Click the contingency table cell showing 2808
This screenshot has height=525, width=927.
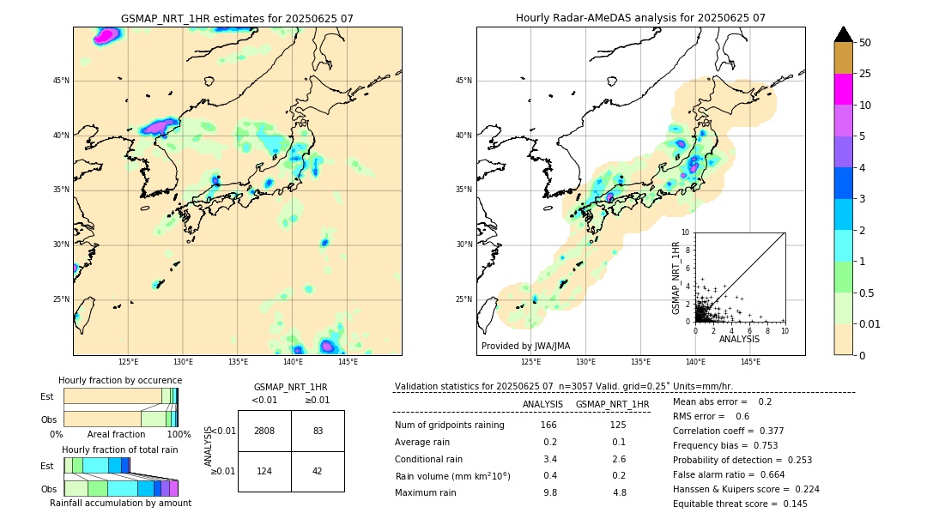264,431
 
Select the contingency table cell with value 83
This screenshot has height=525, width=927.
318,431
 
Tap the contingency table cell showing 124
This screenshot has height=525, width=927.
264,471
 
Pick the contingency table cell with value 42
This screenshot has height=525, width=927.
318,471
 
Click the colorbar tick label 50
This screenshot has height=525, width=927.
865,43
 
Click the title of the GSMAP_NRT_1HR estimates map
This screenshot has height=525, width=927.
237,18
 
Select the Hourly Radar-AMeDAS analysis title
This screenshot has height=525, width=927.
640,18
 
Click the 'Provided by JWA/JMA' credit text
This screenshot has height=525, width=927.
525,346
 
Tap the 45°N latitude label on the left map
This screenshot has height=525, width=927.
61,81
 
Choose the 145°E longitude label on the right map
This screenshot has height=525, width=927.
750,362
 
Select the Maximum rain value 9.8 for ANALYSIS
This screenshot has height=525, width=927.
549,492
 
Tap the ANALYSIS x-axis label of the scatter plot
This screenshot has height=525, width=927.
739,339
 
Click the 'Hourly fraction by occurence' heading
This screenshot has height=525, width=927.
120,380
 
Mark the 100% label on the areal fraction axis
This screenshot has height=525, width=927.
178,435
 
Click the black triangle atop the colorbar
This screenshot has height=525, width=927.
844,34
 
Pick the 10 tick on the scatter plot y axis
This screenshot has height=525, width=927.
686,232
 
